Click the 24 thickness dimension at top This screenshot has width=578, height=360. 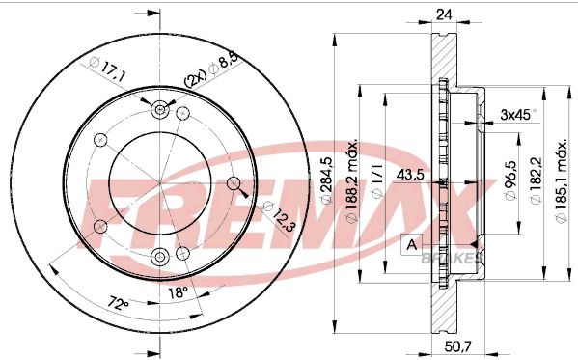tap(444, 14)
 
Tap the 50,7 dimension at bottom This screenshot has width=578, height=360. tap(457, 346)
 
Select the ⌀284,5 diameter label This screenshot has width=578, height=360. tap(326, 180)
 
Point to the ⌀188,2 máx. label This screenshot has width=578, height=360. tap(351, 181)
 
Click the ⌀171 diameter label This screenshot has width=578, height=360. tap(377, 180)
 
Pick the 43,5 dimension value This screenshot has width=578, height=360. tap(410, 175)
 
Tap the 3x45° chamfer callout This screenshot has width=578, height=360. tap(518, 115)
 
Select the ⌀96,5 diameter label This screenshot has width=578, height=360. tap(510, 180)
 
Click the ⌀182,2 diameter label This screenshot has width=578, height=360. tap(536, 180)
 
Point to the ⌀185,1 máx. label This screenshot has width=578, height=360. tap(561, 181)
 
